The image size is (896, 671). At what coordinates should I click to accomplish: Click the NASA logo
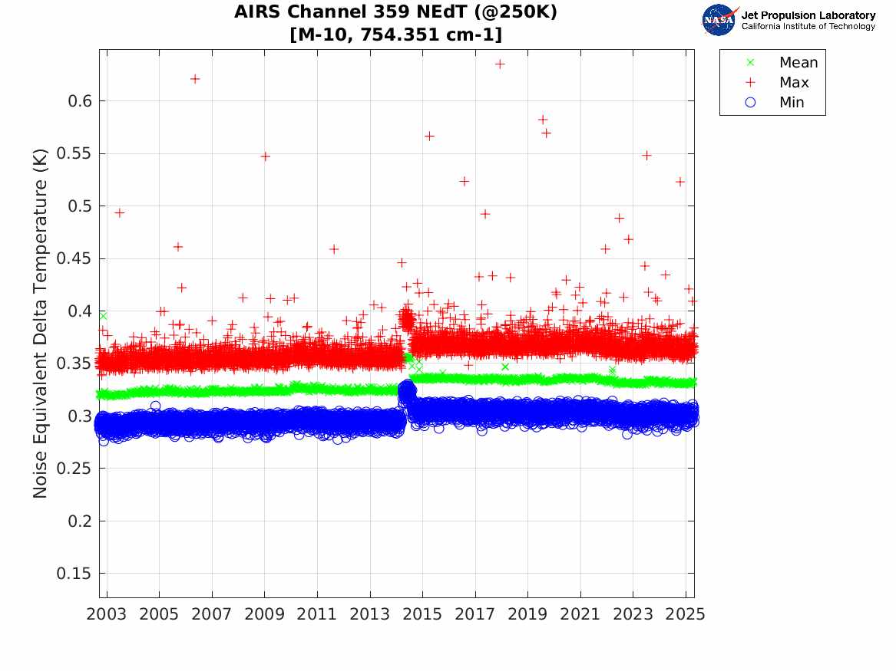[719, 20]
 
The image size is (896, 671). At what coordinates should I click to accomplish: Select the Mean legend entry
[798, 63]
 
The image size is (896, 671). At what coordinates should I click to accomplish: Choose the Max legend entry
[793, 83]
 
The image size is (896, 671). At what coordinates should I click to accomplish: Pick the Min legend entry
[792, 103]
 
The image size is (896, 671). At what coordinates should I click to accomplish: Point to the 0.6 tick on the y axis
[79, 101]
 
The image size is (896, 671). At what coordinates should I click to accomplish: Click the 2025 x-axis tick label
[685, 614]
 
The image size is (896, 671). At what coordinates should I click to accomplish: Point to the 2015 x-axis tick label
[422, 614]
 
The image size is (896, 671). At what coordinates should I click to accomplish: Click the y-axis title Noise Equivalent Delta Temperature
[41, 324]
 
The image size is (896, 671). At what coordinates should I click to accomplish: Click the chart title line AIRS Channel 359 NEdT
[395, 13]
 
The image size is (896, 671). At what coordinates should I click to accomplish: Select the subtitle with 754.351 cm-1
[395, 35]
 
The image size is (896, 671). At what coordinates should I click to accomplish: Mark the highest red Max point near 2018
[500, 64]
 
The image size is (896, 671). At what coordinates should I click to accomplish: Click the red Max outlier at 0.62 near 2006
[195, 79]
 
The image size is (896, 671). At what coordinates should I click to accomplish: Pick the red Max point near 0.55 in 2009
[265, 156]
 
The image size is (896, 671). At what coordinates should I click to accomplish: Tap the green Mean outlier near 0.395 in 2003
[103, 316]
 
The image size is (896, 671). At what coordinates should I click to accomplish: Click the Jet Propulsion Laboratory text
[808, 15]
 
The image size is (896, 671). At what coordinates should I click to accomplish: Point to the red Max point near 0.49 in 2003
[119, 213]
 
